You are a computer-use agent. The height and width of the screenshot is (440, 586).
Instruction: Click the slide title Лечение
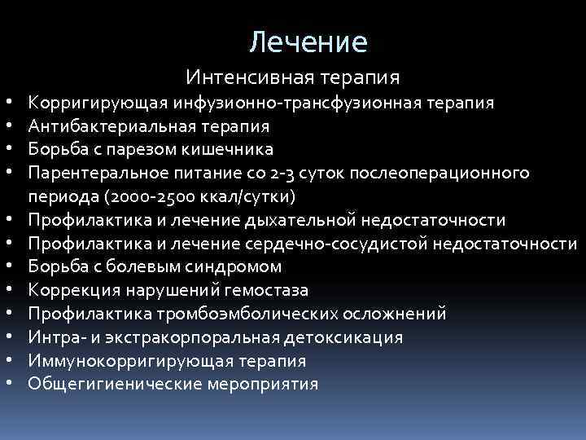click(x=308, y=40)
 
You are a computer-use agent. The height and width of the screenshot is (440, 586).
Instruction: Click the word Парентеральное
click(x=97, y=174)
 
